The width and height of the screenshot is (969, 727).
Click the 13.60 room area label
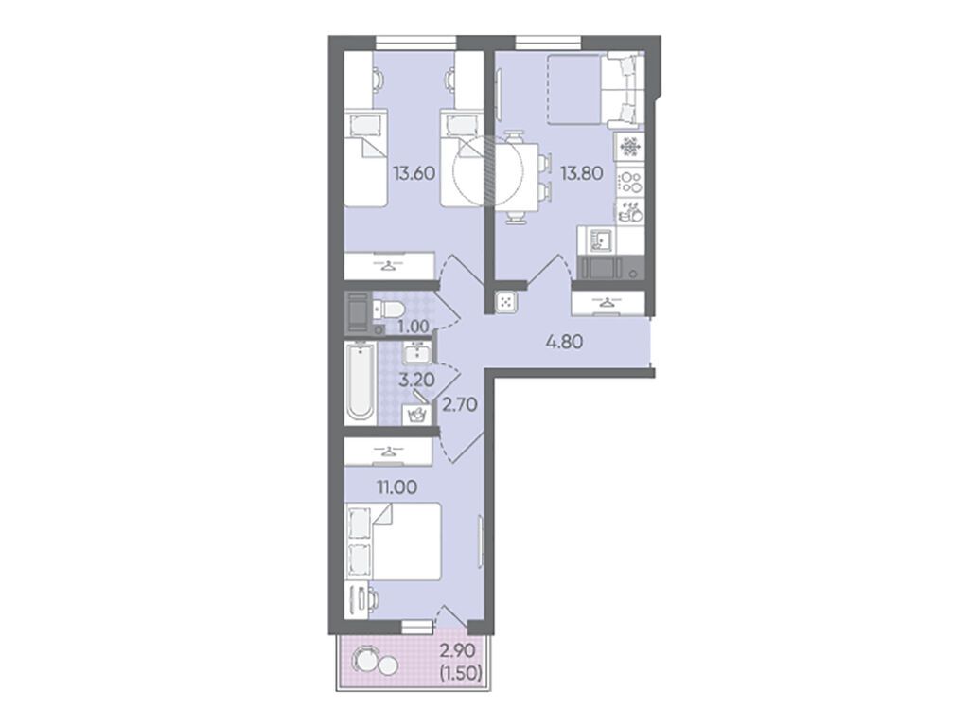click(414, 174)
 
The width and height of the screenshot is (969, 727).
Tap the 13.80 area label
click(581, 174)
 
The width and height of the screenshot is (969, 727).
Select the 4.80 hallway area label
click(564, 341)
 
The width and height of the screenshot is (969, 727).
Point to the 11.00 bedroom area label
click(397, 488)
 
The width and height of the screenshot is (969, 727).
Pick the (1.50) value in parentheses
click(460, 672)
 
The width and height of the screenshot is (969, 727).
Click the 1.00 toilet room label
click(414, 326)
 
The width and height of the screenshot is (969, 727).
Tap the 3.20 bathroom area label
click(416, 379)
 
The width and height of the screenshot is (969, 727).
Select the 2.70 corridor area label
click(460, 405)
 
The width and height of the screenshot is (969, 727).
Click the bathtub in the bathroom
click(361, 382)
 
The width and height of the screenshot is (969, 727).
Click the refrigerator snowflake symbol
click(630, 147)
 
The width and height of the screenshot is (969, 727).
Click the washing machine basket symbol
click(415, 415)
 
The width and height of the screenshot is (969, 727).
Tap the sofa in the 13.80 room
click(623, 90)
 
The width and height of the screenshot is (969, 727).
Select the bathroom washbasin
click(417, 354)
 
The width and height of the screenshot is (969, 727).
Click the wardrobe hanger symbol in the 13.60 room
click(387, 266)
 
